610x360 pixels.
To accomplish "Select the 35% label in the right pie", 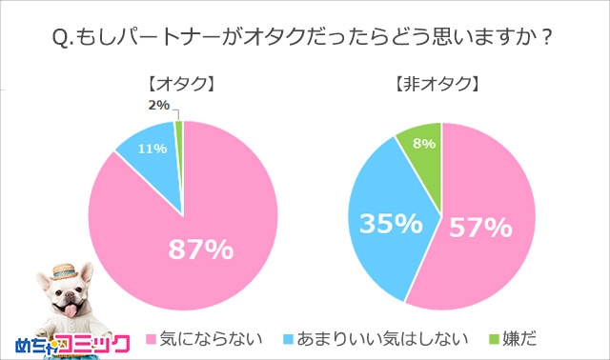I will tap(391, 225).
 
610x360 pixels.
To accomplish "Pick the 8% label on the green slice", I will tap(424, 144).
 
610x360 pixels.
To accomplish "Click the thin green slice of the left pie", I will tap(178, 133).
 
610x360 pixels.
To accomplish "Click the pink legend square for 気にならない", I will tap(150, 338).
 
